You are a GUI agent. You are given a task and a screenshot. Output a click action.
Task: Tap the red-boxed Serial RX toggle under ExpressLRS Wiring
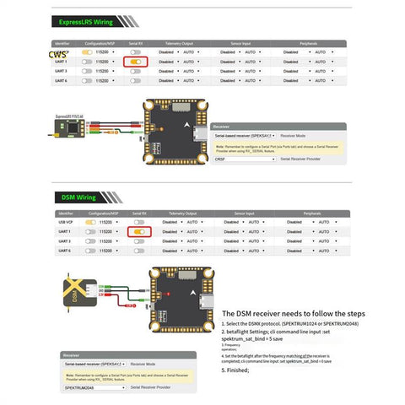[x=136, y=62]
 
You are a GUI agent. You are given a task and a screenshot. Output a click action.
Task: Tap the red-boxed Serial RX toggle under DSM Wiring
[x=137, y=230]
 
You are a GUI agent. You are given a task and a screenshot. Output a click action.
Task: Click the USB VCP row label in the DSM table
[x=63, y=220]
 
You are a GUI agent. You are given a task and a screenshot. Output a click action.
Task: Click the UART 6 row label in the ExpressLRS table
[x=62, y=81]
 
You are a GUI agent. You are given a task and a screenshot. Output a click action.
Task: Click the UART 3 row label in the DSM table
[x=62, y=240]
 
